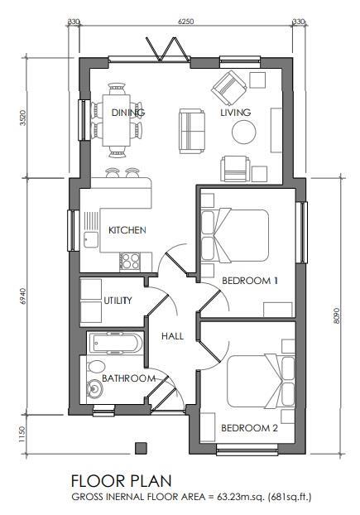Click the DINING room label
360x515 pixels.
(x=128, y=113)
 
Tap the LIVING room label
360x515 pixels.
(x=235, y=113)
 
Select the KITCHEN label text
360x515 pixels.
(x=127, y=229)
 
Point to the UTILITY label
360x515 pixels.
(x=118, y=301)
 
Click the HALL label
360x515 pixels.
(x=172, y=336)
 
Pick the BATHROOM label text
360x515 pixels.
(x=128, y=378)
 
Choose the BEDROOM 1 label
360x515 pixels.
(x=250, y=282)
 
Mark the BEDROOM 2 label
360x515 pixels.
(x=249, y=428)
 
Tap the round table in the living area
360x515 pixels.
(x=244, y=133)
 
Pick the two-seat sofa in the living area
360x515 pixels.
(x=193, y=128)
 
